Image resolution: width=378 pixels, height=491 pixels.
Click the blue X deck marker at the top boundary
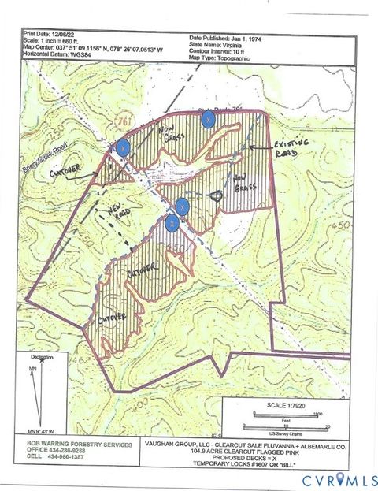pyautogui.click(x=208, y=119)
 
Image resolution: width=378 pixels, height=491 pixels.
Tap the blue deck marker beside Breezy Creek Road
pyautogui.click(x=123, y=147)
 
